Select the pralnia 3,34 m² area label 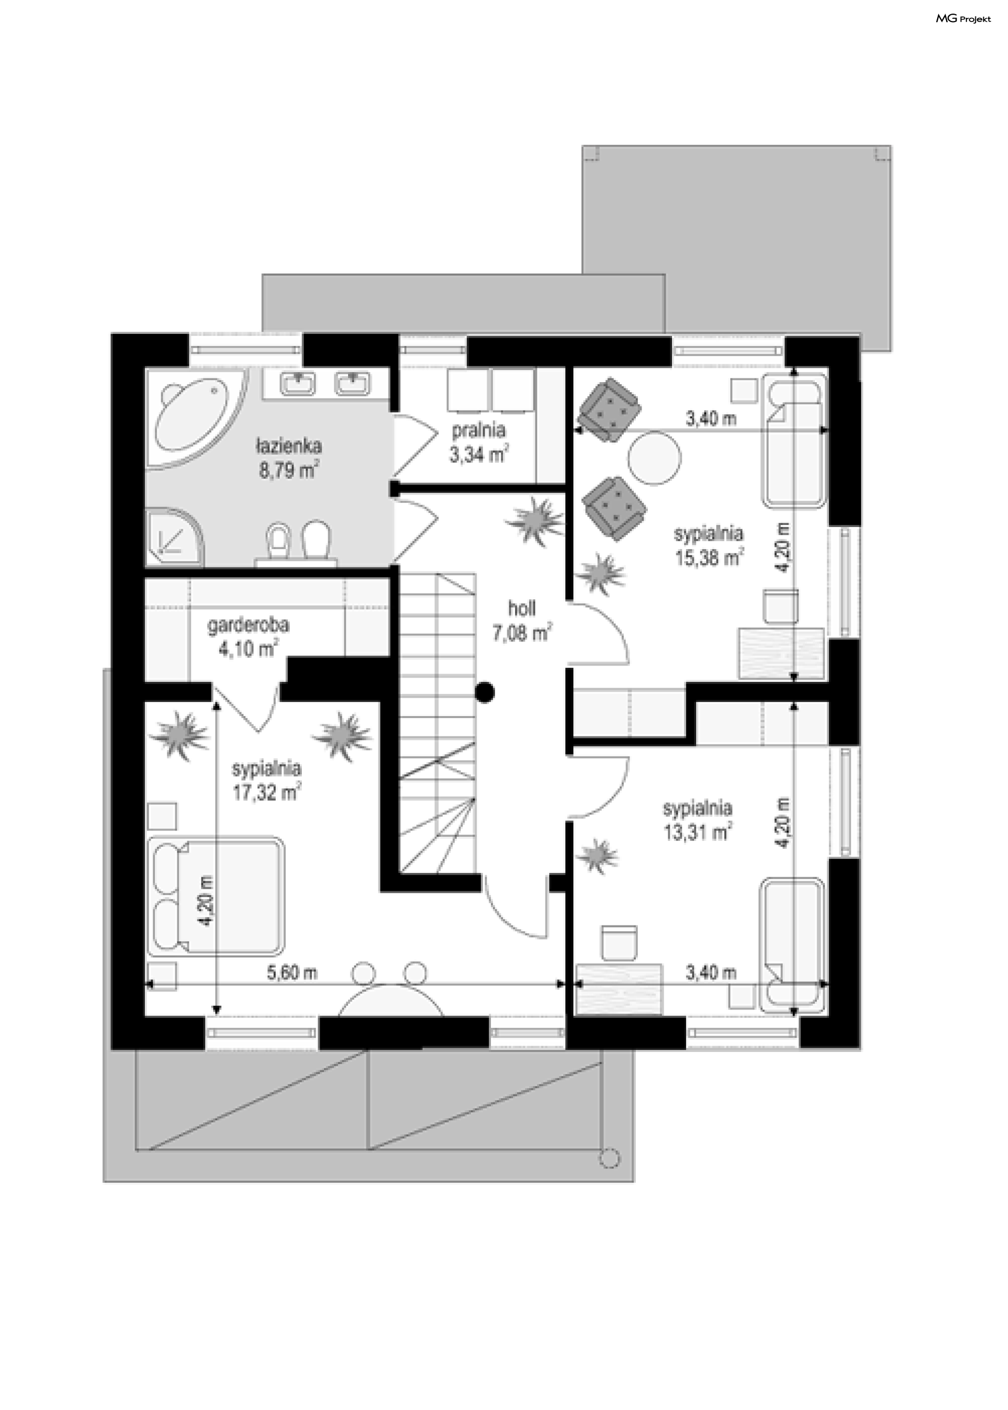click(x=479, y=443)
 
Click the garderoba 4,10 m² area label click(x=248, y=637)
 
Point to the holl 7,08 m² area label click(x=522, y=620)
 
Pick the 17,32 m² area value click(x=267, y=793)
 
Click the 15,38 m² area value click(x=709, y=558)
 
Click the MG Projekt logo click(x=963, y=19)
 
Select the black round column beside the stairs click(x=485, y=691)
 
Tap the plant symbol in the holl click(x=534, y=521)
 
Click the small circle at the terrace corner click(x=610, y=1158)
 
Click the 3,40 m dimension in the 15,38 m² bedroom click(x=711, y=419)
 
